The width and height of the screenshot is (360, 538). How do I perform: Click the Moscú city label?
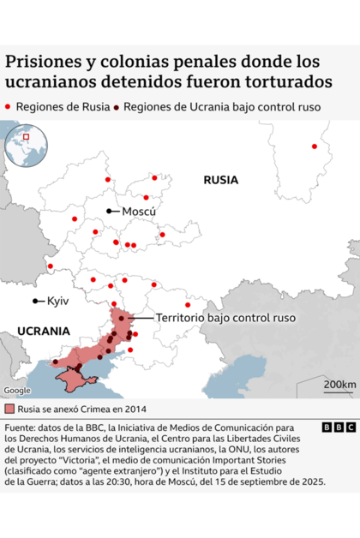(x=139, y=211)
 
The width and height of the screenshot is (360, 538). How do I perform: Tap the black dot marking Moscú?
(x=109, y=211)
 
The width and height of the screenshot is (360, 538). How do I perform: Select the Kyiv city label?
(x=58, y=302)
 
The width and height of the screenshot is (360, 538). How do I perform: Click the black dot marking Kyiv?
(x=35, y=301)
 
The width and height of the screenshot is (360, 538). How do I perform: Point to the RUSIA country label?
(x=220, y=180)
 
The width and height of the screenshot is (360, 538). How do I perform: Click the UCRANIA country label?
(x=43, y=331)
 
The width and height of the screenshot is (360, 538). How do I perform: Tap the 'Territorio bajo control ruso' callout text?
(x=225, y=318)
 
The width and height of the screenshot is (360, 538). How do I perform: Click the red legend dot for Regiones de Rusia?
(x=9, y=107)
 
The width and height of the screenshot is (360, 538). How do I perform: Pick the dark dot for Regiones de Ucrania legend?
(x=117, y=107)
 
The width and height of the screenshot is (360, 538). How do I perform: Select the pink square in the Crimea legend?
(x=9, y=407)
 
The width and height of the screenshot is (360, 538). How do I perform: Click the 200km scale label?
(x=339, y=385)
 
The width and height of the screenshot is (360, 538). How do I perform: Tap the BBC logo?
(x=339, y=427)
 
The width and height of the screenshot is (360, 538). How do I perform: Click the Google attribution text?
(x=17, y=391)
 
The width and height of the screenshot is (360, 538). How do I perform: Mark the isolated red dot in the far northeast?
(x=314, y=146)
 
